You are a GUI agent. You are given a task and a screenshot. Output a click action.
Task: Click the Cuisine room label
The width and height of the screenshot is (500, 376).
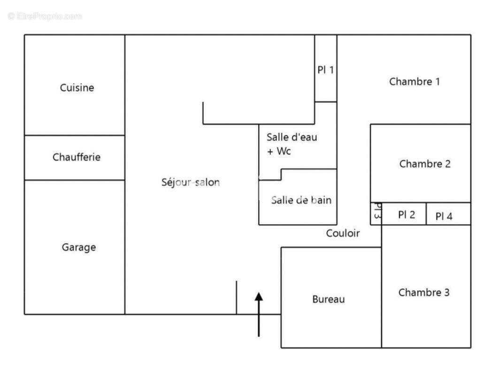pyautogui.click(x=77, y=88)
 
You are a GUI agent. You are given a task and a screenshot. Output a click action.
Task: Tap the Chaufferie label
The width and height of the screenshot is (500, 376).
pyautogui.click(x=77, y=157)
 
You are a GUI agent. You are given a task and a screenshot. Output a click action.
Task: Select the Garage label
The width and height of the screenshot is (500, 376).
pyautogui.click(x=79, y=247)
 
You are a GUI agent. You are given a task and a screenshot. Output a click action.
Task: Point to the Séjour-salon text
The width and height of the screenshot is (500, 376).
pyautogui.click(x=190, y=182)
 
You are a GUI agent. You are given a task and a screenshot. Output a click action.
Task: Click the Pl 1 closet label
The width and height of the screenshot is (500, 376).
pyautogui.click(x=326, y=70)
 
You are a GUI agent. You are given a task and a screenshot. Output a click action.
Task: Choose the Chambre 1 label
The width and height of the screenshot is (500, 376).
pyautogui.click(x=415, y=82)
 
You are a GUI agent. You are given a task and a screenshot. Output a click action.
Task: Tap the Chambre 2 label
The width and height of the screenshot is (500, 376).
pyautogui.click(x=425, y=164)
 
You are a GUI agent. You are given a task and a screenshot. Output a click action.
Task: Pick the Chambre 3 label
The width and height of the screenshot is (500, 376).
pyautogui.click(x=424, y=292)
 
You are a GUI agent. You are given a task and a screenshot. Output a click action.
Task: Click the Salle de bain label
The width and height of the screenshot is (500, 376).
pyautogui.click(x=301, y=200)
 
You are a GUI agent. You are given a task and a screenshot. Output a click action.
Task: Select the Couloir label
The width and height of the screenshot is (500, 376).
pyautogui.click(x=343, y=233)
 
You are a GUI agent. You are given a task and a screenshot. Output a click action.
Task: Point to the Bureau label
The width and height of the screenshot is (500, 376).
pyautogui.click(x=329, y=299)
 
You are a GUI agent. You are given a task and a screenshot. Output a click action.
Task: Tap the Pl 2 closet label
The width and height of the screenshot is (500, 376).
pyautogui.click(x=407, y=215)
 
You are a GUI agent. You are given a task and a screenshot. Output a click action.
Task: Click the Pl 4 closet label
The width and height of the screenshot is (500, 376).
pyautogui.click(x=444, y=217)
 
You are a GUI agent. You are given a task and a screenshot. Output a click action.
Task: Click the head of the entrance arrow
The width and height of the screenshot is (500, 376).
pyautogui.click(x=259, y=296)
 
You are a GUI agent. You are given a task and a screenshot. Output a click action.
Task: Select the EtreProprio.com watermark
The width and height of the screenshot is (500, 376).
pyautogui.click(x=45, y=16)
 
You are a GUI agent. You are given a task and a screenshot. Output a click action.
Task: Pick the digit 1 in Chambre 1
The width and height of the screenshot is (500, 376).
pyautogui.click(x=437, y=82)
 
